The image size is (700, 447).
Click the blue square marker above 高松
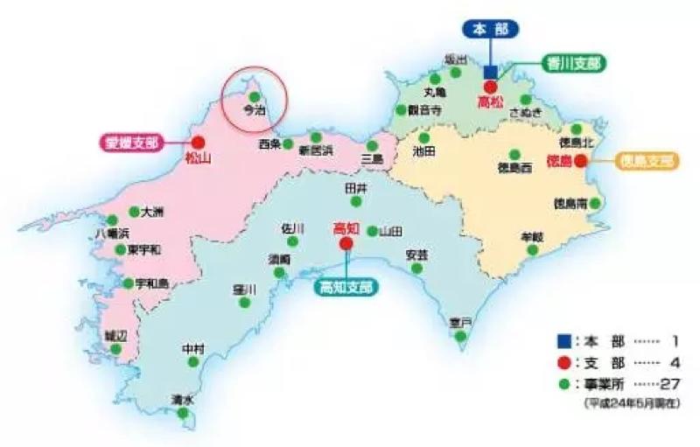[x=490, y=70]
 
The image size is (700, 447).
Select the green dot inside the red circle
[x=253, y=96]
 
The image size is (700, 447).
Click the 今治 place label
[x=253, y=111]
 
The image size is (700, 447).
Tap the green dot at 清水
[x=182, y=413]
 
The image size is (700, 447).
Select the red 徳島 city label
[x=559, y=162]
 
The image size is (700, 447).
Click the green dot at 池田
[x=423, y=137]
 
